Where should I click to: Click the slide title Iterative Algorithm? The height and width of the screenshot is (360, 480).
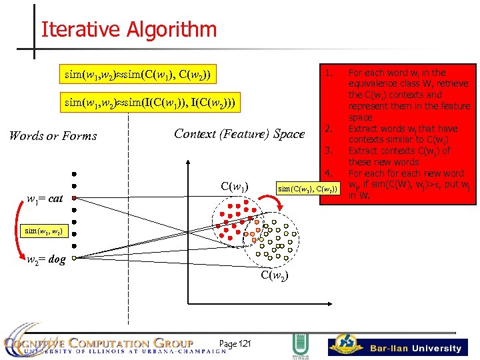129,30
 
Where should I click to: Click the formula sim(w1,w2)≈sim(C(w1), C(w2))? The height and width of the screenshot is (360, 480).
139,73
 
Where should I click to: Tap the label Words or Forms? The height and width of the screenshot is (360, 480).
53,136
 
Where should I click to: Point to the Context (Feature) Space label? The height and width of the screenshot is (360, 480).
239,134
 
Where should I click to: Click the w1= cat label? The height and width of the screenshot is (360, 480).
45,197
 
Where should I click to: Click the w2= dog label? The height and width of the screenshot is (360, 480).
46,259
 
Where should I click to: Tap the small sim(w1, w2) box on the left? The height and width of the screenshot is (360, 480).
44,231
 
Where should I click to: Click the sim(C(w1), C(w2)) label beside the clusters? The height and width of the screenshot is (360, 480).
308,189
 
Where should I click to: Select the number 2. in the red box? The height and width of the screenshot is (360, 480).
329,128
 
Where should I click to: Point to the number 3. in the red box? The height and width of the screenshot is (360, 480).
329,151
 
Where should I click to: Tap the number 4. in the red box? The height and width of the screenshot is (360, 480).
329,173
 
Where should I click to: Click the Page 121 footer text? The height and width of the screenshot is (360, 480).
235,343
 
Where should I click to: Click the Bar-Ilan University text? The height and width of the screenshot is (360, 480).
416,348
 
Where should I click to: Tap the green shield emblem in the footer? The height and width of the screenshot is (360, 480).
299,346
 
